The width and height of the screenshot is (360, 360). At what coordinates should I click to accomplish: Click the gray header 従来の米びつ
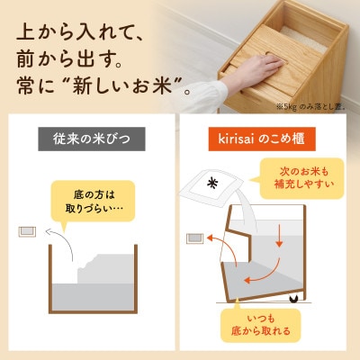(91, 141)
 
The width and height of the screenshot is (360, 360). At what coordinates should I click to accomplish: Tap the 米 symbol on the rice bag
(213, 183)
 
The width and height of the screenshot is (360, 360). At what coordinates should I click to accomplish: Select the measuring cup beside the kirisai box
(193, 238)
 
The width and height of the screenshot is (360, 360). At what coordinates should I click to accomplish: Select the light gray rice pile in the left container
(90, 288)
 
